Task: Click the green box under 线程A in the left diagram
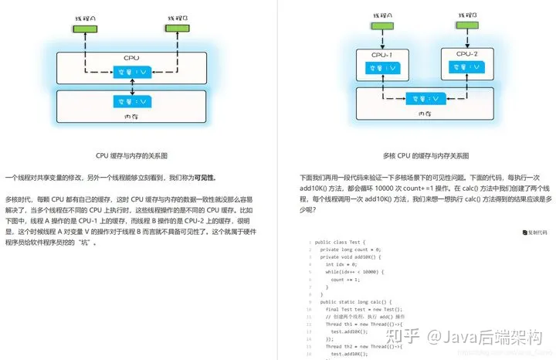pyautogui.click(x=80, y=29)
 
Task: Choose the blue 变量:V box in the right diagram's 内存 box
pyautogui.click(x=424, y=99)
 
